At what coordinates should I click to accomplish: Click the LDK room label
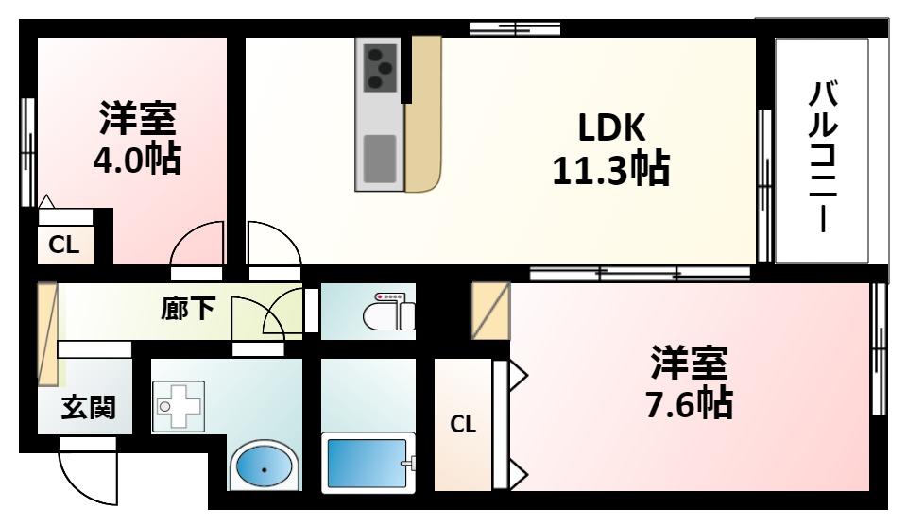click(x=611, y=127)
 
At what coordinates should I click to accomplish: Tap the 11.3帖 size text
click(x=611, y=168)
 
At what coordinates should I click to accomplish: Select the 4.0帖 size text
click(x=138, y=159)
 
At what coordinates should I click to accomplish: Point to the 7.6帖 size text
click(x=689, y=403)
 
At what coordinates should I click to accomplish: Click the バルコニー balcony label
click(x=823, y=156)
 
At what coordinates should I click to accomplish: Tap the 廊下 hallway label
click(x=188, y=308)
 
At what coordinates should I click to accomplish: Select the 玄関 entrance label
click(x=89, y=407)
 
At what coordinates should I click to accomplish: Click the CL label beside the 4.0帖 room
click(x=63, y=245)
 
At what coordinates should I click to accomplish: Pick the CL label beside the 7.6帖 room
click(x=463, y=424)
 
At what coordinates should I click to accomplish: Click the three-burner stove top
click(x=380, y=68)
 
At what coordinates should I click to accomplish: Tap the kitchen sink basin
click(x=380, y=159)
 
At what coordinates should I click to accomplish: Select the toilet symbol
click(x=389, y=312)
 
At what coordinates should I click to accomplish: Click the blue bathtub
click(x=367, y=464)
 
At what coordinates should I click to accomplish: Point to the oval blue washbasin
click(x=264, y=467)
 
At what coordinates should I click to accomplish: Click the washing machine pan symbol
click(x=179, y=406)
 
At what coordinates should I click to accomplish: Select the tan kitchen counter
click(x=423, y=114)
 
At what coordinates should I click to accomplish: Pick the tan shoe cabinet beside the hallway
click(x=47, y=333)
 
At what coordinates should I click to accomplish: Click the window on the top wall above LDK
click(x=514, y=27)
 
